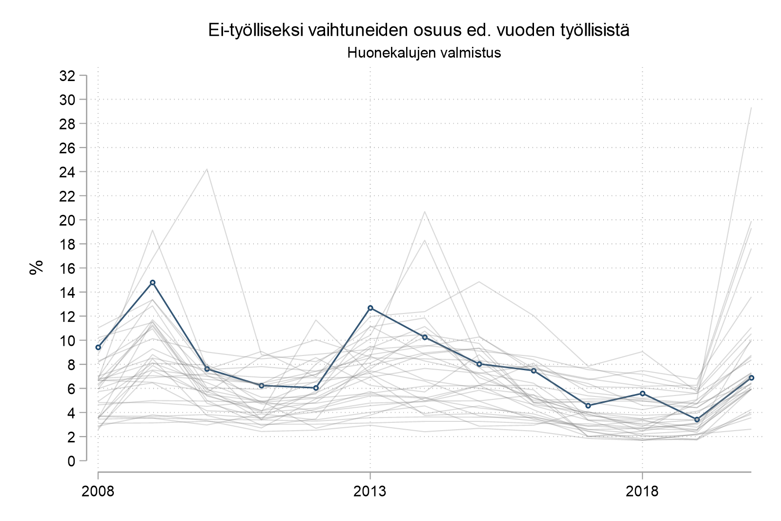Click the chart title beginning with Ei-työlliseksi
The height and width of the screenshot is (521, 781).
point(419,30)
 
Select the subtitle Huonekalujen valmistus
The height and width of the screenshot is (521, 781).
point(424,53)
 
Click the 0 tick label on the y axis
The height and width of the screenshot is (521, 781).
point(71,461)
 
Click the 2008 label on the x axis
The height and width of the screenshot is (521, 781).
point(98,491)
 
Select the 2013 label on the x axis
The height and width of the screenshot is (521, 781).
point(370,491)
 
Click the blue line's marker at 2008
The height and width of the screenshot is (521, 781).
point(98,347)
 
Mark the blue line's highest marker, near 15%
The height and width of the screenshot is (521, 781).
point(152,282)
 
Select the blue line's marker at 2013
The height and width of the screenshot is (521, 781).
point(370,308)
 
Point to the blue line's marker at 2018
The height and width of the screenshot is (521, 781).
point(642,393)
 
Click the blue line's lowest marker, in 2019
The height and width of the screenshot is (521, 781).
point(697,419)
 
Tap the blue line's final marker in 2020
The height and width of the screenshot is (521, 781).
point(751,377)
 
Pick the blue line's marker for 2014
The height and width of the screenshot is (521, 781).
point(425,337)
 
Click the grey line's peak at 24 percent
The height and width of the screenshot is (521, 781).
point(207,169)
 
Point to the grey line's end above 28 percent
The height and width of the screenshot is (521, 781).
point(751,107)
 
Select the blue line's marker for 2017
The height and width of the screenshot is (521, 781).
point(588,405)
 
